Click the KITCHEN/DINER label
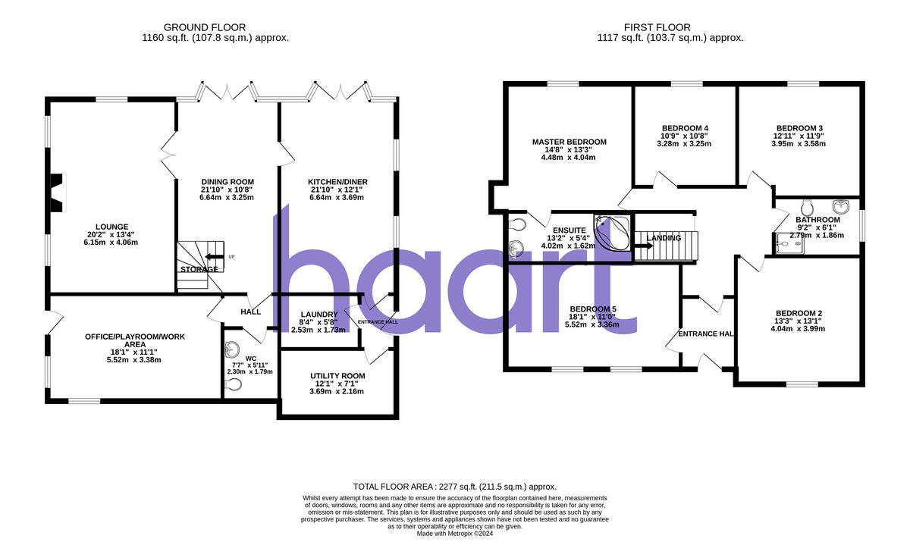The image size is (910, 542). [x=337, y=182]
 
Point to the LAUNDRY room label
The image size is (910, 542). [x=318, y=315]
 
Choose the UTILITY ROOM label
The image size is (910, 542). [x=337, y=376]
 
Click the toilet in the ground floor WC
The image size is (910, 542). [x=234, y=385]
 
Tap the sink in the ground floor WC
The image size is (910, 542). [x=233, y=349]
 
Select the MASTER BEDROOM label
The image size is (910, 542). [x=569, y=142]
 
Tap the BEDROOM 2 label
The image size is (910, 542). [x=799, y=314]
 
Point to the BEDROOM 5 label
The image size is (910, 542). [x=592, y=309]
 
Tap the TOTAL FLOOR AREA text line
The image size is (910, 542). [x=455, y=487]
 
